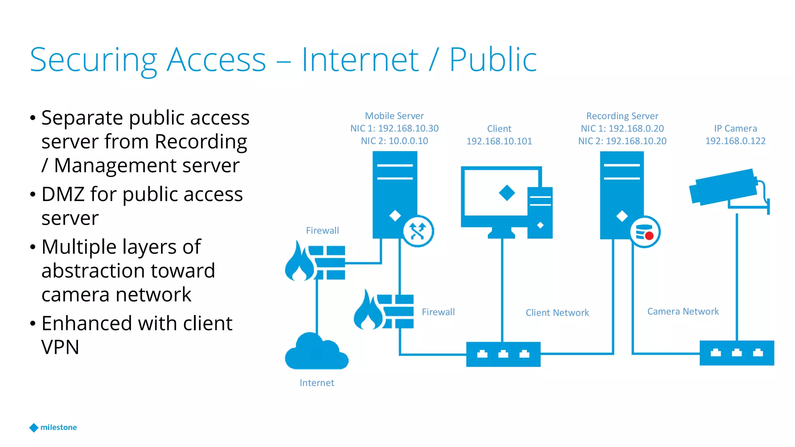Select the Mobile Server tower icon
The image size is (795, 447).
[x=394, y=194]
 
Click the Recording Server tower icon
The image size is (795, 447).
[x=621, y=194]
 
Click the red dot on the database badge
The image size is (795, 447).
[x=649, y=236]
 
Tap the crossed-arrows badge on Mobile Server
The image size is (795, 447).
[x=418, y=231]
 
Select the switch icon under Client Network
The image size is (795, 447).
[x=503, y=354]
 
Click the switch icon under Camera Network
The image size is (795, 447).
[x=736, y=353]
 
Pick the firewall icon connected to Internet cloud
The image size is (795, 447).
[x=315, y=262]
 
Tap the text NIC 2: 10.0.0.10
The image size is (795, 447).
[x=394, y=141]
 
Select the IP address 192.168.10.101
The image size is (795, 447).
[x=499, y=141]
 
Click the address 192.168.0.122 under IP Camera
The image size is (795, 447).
[x=735, y=141]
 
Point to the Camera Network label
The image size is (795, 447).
[x=683, y=312]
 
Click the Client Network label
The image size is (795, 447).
[x=557, y=313]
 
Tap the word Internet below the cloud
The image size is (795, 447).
[x=317, y=383]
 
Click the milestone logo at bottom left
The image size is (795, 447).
[x=53, y=427]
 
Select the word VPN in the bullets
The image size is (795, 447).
[x=60, y=347]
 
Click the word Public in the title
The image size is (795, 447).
[x=493, y=60]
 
